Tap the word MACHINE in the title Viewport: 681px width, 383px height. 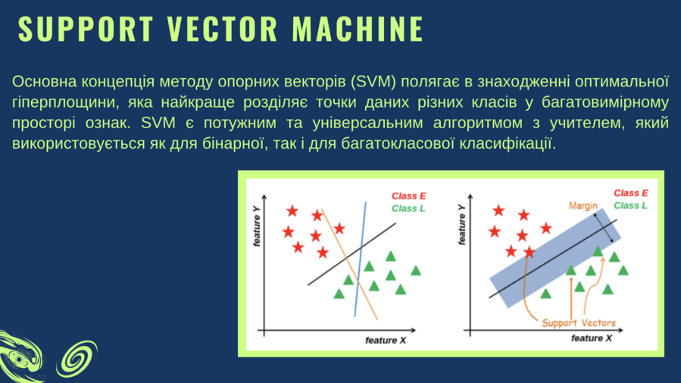coord(358,29)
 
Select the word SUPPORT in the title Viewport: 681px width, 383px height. coord(86,29)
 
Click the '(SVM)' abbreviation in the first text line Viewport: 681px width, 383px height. coord(373,82)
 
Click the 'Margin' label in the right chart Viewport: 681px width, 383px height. coord(583,206)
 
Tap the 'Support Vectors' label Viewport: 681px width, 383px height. coord(579,323)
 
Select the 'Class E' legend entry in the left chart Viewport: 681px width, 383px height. coord(409,196)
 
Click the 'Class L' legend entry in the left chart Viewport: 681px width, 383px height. coord(408,209)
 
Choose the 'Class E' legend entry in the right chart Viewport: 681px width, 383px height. coord(630,193)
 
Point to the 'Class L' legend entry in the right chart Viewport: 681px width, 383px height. coord(630,206)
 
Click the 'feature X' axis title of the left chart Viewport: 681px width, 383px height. coord(386,341)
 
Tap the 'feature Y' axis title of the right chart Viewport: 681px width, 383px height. coord(462,224)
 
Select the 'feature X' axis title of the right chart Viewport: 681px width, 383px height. coord(592,338)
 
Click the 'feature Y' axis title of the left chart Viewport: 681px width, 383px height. coord(257,226)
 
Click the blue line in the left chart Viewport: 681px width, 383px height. coord(361,259)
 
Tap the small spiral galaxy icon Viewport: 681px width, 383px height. coord(77,358)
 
